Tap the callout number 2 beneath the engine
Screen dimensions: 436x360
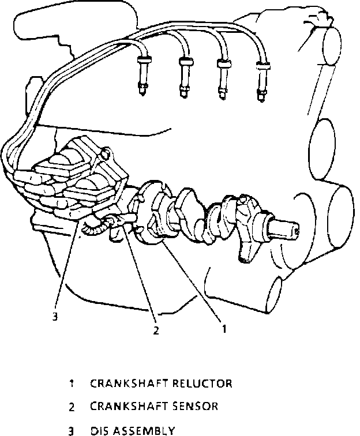click(156, 330)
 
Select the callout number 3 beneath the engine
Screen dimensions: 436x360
click(55, 315)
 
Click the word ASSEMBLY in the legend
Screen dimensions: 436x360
click(144, 430)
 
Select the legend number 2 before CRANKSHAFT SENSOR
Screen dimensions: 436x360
click(72, 407)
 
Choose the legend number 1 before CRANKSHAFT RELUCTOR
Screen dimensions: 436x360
click(72, 384)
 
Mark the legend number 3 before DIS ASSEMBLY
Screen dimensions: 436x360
click(72, 430)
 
